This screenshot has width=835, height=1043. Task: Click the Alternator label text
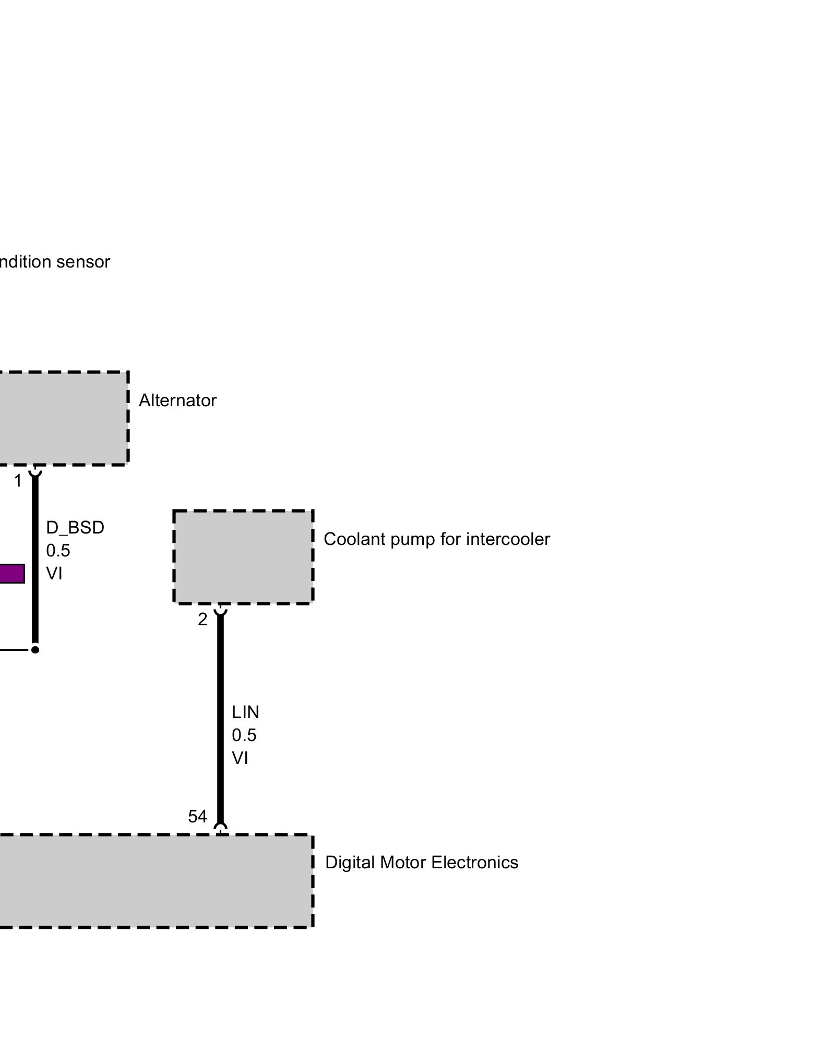tap(177, 401)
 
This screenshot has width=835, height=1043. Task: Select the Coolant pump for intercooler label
tap(436, 539)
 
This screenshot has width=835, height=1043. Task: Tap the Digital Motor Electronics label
tap(422, 863)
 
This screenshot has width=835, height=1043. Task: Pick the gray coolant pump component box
tap(243, 557)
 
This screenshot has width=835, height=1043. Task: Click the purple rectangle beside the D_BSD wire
tap(11, 574)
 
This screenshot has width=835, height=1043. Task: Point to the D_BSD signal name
tap(75, 528)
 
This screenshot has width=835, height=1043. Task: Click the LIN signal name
tap(245, 712)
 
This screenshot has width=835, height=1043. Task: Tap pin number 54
tap(197, 817)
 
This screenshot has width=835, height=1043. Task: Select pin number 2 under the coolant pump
tap(202, 620)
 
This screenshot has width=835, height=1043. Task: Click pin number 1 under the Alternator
tap(18, 481)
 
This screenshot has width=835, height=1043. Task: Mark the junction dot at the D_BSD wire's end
tap(35, 650)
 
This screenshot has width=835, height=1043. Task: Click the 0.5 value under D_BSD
tap(58, 551)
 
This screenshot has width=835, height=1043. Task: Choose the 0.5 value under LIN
tap(244, 735)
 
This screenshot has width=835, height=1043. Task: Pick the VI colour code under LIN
tap(240, 758)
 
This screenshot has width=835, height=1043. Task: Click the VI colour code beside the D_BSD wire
tap(54, 574)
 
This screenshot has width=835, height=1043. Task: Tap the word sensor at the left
tap(83, 262)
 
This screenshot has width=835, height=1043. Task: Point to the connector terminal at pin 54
tap(221, 829)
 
